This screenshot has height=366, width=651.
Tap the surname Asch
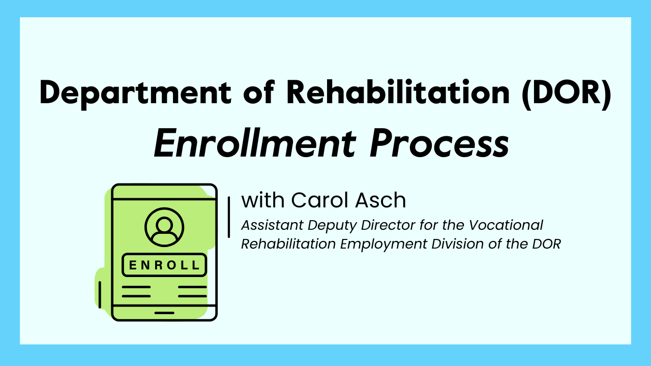click(x=384, y=200)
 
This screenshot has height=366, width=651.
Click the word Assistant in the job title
click(x=268, y=225)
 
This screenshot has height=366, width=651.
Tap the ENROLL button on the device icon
click(x=164, y=265)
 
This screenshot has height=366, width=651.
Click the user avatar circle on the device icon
click(x=164, y=227)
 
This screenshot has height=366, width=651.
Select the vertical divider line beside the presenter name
click(x=229, y=217)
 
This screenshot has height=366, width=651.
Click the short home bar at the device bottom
click(x=164, y=313)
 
